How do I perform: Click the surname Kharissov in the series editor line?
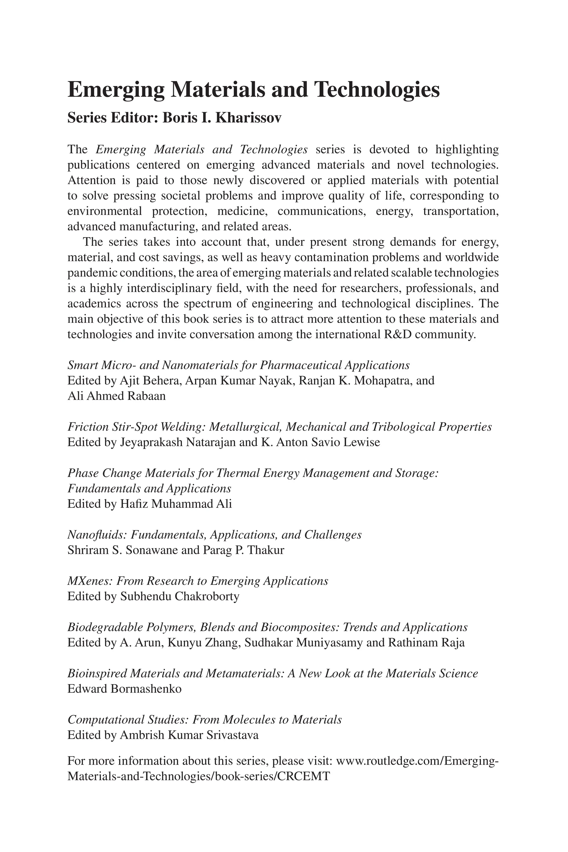[x=248, y=118]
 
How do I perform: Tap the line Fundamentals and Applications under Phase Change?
[x=149, y=489]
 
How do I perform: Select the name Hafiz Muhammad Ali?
[x=176, y=504]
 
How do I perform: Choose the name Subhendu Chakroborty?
[x=180, y=596]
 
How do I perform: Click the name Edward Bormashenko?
[x=124, y=689]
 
